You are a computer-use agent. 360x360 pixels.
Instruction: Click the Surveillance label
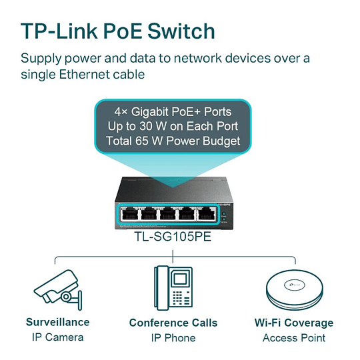57,322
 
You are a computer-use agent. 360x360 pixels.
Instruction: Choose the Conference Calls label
173,323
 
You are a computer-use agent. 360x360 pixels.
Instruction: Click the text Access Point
294,338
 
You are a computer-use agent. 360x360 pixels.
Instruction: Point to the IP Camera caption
57,337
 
